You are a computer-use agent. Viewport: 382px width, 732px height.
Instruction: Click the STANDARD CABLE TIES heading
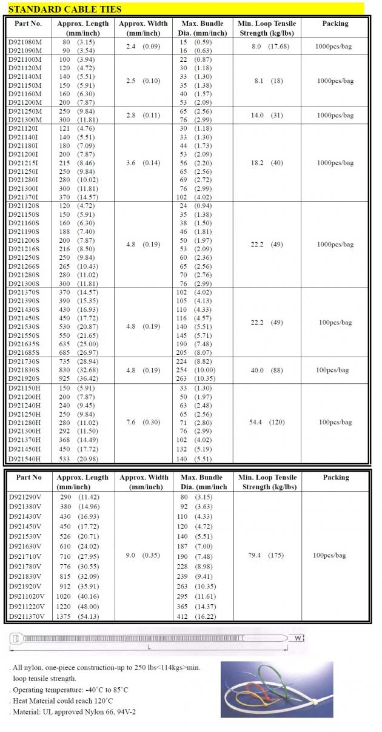coord(64,9)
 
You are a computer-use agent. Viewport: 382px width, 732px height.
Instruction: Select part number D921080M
coord(25,42)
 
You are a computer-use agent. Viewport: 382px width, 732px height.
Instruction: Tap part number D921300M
coord(25,119)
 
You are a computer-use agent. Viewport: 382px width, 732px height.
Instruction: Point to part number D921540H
coord(25,458)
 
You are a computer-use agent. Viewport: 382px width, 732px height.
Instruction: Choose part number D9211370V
coord(26,616)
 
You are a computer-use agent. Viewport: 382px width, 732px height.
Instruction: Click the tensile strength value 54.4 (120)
coord(267,422)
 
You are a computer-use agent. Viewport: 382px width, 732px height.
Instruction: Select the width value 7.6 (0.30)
coord(142,422)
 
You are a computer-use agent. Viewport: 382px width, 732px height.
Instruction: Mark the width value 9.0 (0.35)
coord(143,555)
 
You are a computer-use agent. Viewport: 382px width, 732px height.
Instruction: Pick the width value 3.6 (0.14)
coord(142,163)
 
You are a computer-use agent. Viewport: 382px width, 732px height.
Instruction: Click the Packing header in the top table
coord(335,24)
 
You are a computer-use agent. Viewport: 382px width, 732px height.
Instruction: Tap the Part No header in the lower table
coord(29,477)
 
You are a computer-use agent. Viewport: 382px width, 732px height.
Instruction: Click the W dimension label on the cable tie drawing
coord(298,638)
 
